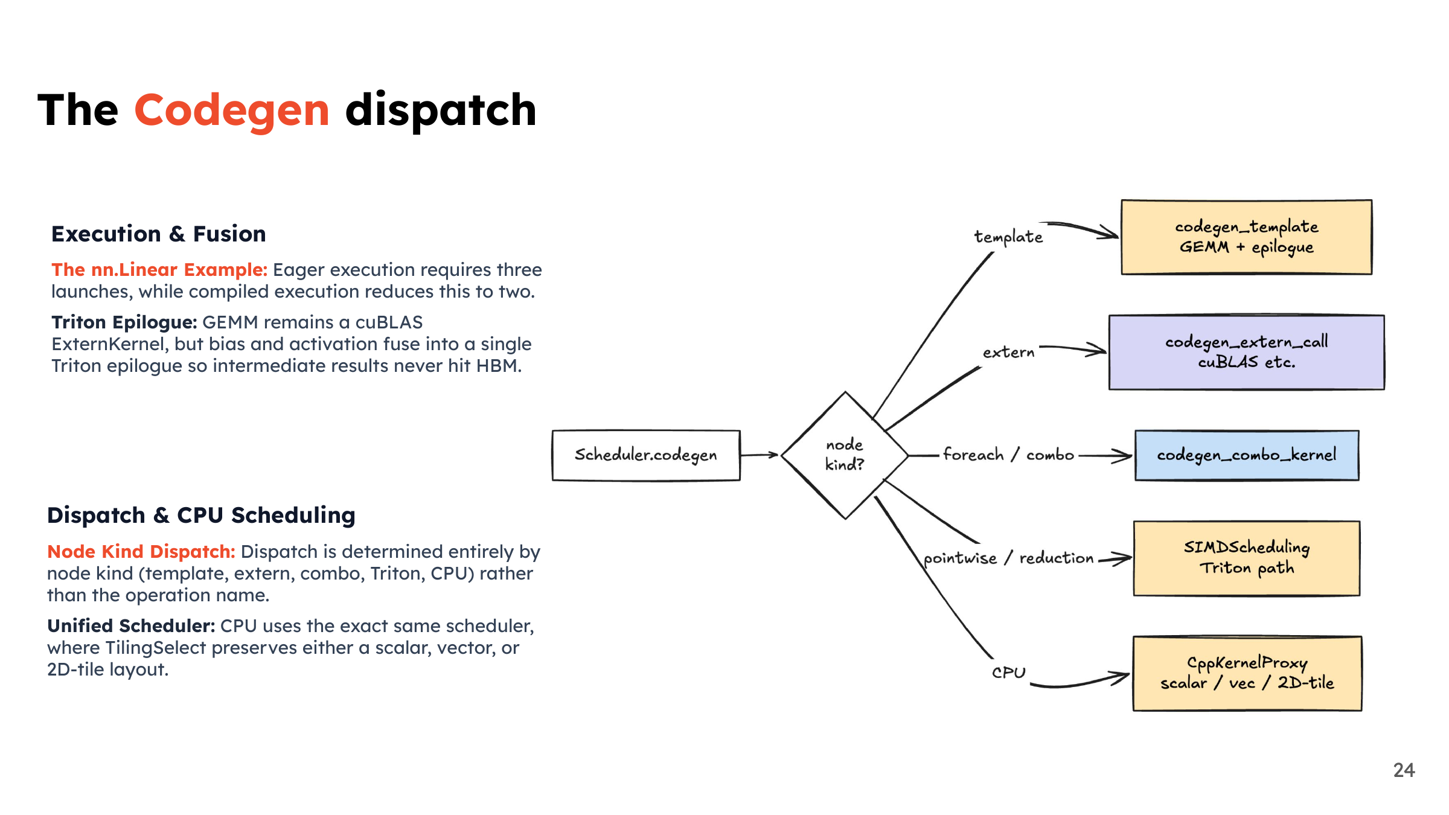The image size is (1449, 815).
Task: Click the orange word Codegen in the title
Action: point(232,111)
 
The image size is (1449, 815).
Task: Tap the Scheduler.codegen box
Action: point(646,455)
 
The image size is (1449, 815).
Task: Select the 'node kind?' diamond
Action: point(845,455)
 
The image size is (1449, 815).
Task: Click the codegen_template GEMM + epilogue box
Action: point(1247,237)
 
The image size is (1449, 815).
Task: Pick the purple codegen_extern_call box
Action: point(1247,353)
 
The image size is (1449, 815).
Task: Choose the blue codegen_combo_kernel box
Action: point(1247,455)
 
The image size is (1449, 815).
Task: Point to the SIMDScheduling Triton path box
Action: point(1247,558)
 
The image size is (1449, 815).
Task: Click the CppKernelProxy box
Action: point(1247,674)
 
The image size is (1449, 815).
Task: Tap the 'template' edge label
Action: point(1008,237)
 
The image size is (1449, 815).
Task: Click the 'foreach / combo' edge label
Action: point(1008,455)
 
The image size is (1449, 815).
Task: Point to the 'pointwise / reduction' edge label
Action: point(1008,558)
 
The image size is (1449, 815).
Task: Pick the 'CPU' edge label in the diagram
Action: point(1008,673)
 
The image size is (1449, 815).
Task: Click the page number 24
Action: point(1404,770)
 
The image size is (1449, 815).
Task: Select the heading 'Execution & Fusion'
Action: point(159,234)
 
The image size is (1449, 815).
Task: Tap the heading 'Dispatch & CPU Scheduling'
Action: point(201,516)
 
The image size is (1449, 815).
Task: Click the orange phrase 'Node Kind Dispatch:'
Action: point(141,552)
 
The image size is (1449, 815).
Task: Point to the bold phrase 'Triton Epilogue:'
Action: point(124,322)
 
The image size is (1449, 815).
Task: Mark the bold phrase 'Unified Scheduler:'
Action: point(131,626)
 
